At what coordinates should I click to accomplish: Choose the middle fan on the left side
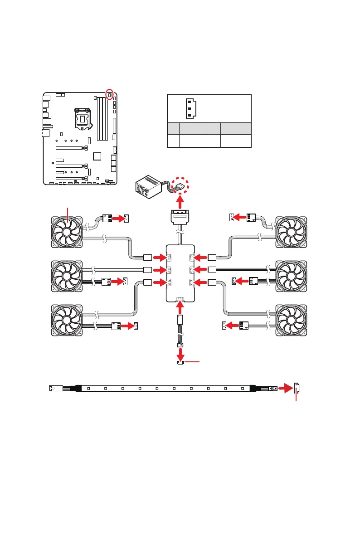point(67,277)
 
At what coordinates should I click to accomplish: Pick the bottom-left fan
point(67,320)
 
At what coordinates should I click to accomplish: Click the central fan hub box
point(180,272)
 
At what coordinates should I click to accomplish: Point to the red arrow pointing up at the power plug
point(180,200)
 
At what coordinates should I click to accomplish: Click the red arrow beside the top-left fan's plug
point(119,219)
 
